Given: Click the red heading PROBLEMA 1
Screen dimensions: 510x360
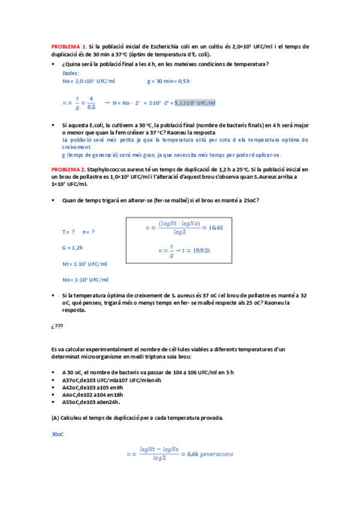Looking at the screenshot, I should [x=69, y=46].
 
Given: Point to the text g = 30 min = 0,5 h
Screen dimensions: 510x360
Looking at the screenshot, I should [x=168, y=81].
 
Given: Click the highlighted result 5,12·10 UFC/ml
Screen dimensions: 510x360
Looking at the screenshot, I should [x=194, y=103].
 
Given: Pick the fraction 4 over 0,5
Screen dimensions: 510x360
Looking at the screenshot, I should [x=91, y=103].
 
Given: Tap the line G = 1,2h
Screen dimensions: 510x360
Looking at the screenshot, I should [x=73, y=247].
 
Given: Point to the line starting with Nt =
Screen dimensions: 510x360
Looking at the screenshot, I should [x=85, y=263].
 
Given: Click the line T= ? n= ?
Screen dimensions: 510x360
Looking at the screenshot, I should [x=79, y=232].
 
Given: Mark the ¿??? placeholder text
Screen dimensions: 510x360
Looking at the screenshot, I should [x=58, y=327].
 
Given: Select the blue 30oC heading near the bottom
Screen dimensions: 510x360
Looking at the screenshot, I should [x=58, y=434].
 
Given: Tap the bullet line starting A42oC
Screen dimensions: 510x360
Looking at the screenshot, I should [x=93, y=387].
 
